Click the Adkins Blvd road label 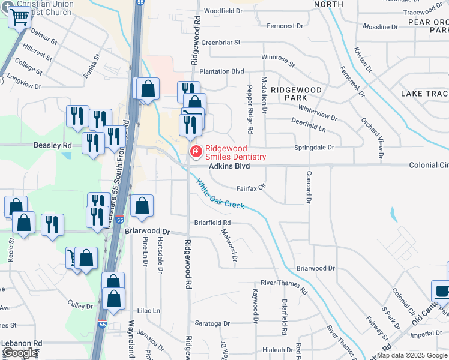click(229, 165)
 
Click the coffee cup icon click(442, 292)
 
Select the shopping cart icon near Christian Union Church click(19, 18)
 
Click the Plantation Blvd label click(222, 71)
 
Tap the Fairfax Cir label click(250, 188)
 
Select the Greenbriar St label click(220, 43)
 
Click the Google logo click(19, 353)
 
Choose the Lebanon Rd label click(22, 343)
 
